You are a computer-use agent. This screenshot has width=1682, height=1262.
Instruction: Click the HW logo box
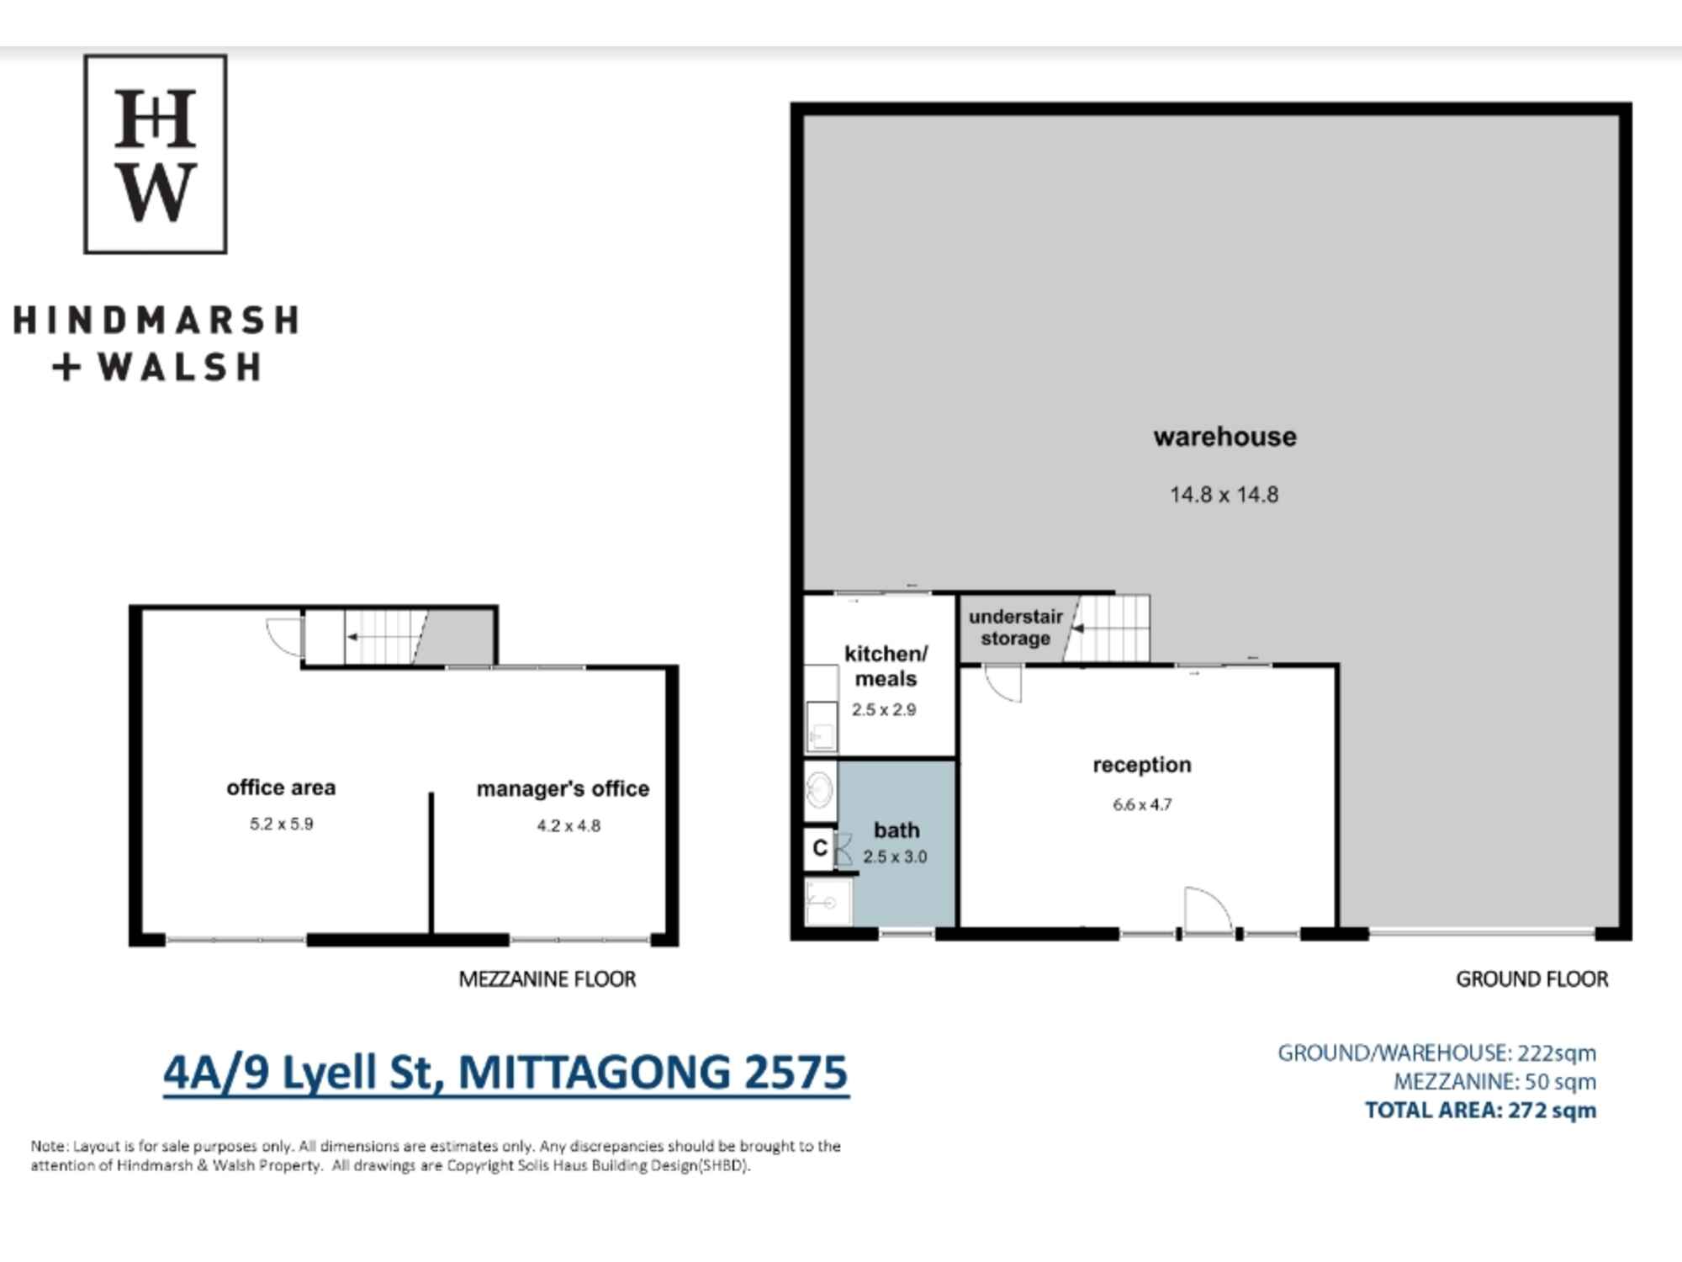156,154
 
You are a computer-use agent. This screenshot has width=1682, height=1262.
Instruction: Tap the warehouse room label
1224,437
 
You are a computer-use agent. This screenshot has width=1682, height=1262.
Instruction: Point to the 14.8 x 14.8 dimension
1224,495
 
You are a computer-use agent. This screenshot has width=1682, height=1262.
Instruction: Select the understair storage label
1016,628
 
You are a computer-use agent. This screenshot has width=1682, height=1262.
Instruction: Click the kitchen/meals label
886,665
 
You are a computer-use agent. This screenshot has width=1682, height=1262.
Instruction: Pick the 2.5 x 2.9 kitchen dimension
884,710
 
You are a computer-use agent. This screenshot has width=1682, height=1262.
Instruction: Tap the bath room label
897,830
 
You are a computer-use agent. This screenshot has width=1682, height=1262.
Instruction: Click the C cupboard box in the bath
820,848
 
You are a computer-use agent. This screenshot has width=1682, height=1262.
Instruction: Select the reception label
1142,765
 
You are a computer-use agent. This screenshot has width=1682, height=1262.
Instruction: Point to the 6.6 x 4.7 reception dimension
1142,804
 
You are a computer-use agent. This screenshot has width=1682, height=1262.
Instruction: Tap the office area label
281,787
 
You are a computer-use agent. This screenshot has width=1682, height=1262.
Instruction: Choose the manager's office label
563,789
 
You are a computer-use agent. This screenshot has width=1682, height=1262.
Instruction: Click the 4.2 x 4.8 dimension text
569,826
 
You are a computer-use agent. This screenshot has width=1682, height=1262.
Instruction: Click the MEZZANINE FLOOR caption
547,979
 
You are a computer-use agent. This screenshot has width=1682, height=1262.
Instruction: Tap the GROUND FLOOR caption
1532,979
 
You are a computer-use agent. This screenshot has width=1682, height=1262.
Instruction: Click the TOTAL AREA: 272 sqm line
1481,1111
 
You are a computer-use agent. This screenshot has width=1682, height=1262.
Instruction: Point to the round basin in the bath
819,790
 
